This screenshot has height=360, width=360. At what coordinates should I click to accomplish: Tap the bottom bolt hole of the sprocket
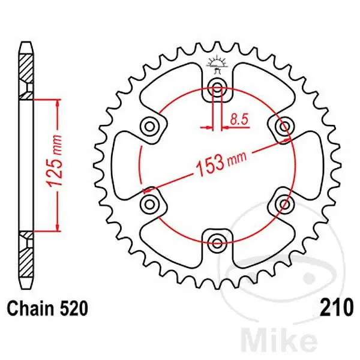coord(217,241)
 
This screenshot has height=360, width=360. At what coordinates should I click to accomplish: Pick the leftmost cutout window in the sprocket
coord(127,165)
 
